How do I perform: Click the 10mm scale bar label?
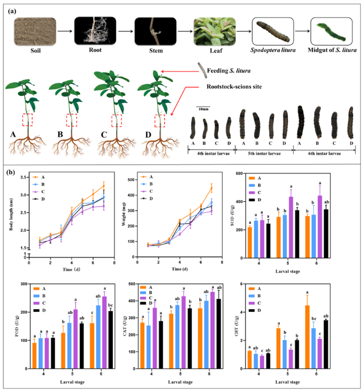pos(204,109)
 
